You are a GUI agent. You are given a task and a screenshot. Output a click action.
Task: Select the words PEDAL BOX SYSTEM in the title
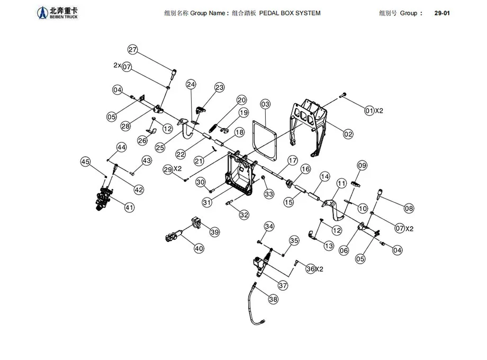click(x=290, y=13)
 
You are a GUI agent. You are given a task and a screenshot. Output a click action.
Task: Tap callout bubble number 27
click(x=133, y=50)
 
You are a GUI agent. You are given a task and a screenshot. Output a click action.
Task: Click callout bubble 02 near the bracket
click(x=348, y=134)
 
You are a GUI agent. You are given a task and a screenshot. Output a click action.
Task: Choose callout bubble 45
click(x=85, y=161)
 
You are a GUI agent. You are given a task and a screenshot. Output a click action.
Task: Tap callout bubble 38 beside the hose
click(x=273, y=299)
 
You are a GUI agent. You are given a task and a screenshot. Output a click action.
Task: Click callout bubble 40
click(x=199, y=248)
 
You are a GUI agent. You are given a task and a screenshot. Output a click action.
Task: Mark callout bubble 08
click(x=409, y=209)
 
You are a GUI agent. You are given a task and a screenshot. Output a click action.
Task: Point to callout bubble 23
click(x=219, y=87)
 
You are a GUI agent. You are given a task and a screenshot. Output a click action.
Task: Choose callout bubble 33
click(x=269, y=194)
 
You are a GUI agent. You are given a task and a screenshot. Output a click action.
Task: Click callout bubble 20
click(x=241, y=100)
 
